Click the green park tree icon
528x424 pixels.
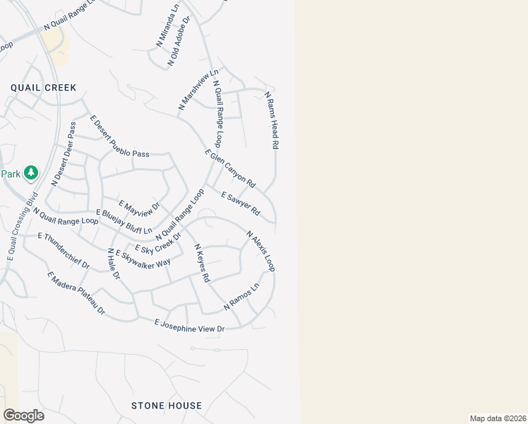(x=30, y=172)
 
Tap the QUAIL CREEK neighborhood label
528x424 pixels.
(x=43, y=88)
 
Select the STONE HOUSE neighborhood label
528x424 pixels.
(x=167, y=406)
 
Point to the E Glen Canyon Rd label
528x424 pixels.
(x=230, y=169)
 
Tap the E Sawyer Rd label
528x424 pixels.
(x=241, y=204)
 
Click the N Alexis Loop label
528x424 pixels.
(x=260, y=251)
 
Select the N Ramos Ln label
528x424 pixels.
(x=241, y=297)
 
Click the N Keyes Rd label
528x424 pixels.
(x=202, y=263)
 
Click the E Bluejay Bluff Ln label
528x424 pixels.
(x=124, y=221)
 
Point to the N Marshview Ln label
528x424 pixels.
(x=198, y=89)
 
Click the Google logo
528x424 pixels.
(x=23, y=416)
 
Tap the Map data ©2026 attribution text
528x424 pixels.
(x=498, y=418)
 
